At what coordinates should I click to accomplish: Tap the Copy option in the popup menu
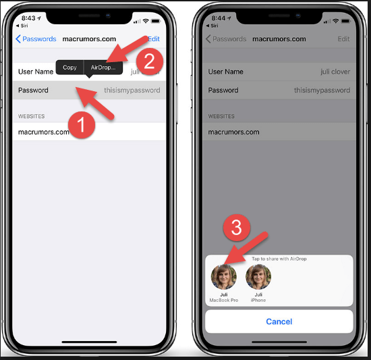pos(70,68)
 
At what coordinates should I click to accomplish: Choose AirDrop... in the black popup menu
pos(103,68)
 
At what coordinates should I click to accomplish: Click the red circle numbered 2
pos(150,61)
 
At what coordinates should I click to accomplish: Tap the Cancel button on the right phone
pos(279,322)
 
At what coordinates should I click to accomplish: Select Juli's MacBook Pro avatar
pos(224,277)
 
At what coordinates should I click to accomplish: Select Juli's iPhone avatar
pos(258,277)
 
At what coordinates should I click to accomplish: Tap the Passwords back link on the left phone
pos(36,39)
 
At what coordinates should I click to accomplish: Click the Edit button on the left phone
pos(154,39)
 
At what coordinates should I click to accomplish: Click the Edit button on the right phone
pos(343,39)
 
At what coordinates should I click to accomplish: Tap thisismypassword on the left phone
pos(132,90)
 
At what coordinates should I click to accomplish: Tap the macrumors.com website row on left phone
pos(44,132)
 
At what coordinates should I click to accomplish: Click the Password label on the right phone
pos(223,90)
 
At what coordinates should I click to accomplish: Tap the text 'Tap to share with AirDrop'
pos(279,259)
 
